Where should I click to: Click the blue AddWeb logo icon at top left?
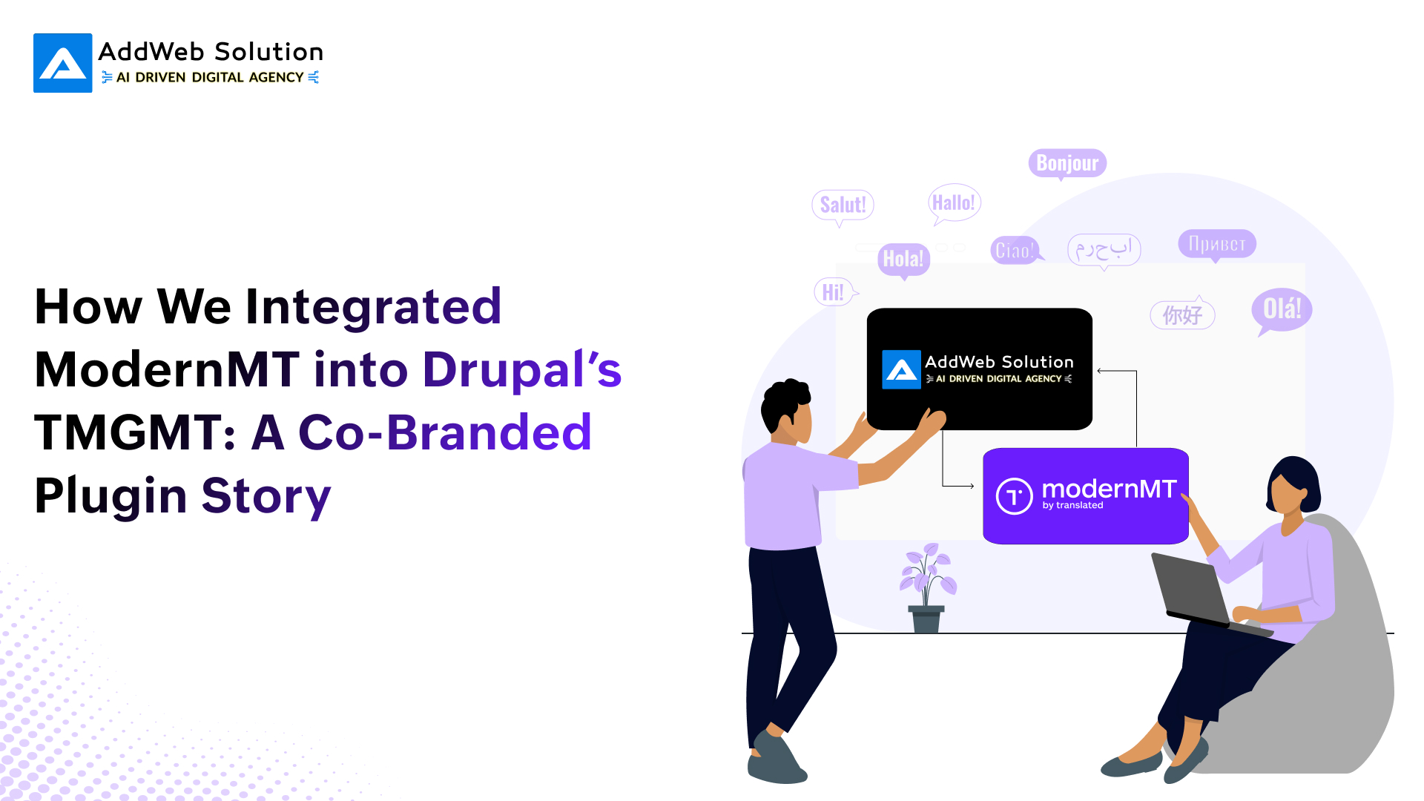[x=63, y=63]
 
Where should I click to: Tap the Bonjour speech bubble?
[x=1067, y=163]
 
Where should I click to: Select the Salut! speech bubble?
[x=843, y=205]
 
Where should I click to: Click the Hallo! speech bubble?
[x=954, y=202]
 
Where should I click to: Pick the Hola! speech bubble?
[x=903, y=259]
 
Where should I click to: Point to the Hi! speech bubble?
[x=833, y=292]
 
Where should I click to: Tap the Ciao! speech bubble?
[x=1014, y=251]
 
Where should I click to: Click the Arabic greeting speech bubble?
[x=1104, y=249]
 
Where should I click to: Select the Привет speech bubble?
[x=1217, y=243]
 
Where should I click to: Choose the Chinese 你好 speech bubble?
[x=1182, y=315]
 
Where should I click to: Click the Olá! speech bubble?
[x=1282, y=309]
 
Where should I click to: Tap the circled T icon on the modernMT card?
[x=1014, y=496]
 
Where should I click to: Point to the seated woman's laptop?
[x=1194, y=593]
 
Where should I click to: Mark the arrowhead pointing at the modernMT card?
[x=971, y=487]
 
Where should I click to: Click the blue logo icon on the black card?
[x=901, y=369]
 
